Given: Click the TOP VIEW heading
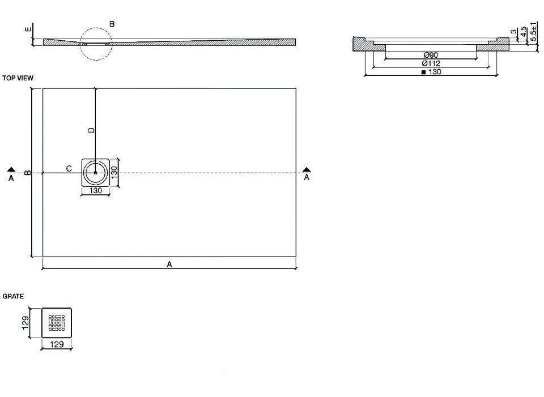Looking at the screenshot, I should coord(18,78).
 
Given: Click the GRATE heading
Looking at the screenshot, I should coord(13,296).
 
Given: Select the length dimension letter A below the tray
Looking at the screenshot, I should coord(169,264).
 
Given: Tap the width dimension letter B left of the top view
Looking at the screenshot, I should coord(28,172).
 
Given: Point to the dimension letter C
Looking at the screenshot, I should coord(69,168).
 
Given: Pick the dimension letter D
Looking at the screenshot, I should coord(91,130).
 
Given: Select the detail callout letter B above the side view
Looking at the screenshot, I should coord(112,24).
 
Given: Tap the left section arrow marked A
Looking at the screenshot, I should coord(11,173).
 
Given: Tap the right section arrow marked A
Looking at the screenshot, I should coord(307,173).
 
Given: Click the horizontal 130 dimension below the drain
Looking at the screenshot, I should coord(95,191).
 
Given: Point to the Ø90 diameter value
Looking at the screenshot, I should coord(431,55).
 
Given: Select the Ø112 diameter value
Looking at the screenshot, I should coord(431,63).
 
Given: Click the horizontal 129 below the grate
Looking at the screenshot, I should coord(57,344).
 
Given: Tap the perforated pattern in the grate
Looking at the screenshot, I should coord(57,323).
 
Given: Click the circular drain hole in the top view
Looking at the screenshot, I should coord(95,172).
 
